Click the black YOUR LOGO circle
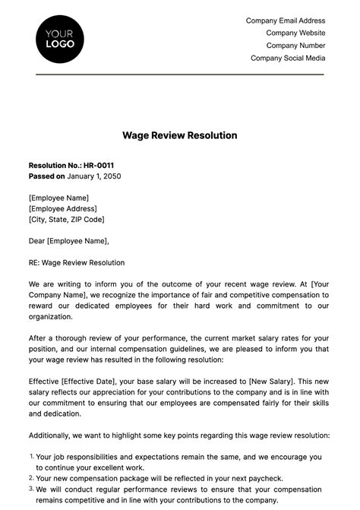click(x=60, y=38)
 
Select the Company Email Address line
click(x=286, y=21)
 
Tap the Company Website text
click(x=295, y=33)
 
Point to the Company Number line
click(x=295, y=46)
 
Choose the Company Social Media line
click(x=288, y=58)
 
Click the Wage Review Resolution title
click(x=179, y=135)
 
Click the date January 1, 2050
click(x=94, y=176)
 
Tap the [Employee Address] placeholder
click(x=64, y=208)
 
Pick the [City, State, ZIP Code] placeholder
click(x=67, y=219)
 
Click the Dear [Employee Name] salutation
click(x=68, y=241)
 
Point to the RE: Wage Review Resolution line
click(x=76, y=263)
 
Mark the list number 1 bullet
click(x=31, y=457)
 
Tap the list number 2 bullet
click(x=31, y=478)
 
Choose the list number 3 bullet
click(x=31, y=489)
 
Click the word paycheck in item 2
click(x=266, y=479)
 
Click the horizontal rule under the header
click(x=179, y=74)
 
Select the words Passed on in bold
click(x=46, y=176)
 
